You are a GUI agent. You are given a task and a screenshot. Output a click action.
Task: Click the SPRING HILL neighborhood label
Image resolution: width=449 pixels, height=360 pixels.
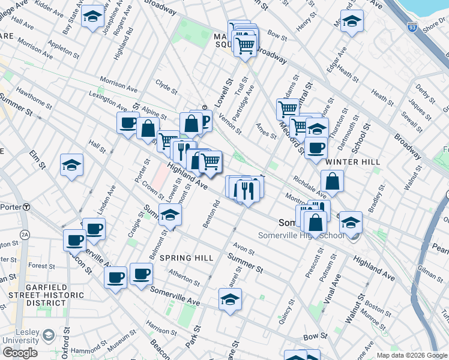[186, 258]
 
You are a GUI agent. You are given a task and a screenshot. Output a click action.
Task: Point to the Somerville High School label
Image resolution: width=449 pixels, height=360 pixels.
[301, 235]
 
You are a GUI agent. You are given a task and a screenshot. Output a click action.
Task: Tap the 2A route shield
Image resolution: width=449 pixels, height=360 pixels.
[25, 234]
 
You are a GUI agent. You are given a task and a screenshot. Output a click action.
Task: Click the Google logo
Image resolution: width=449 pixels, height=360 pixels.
[20, 353]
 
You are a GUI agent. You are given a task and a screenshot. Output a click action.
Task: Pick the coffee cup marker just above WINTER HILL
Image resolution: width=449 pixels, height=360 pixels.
[316, 148]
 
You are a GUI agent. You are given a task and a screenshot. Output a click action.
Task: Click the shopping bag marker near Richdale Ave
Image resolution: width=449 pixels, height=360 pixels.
[332, 181]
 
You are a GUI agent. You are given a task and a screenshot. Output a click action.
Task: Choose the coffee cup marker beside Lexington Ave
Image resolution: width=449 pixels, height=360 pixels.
[128, 123]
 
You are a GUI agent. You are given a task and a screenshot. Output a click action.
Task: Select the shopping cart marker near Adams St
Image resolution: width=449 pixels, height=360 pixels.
[288, 109]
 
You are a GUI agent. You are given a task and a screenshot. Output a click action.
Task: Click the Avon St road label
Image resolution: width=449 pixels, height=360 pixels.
[244, 247]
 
